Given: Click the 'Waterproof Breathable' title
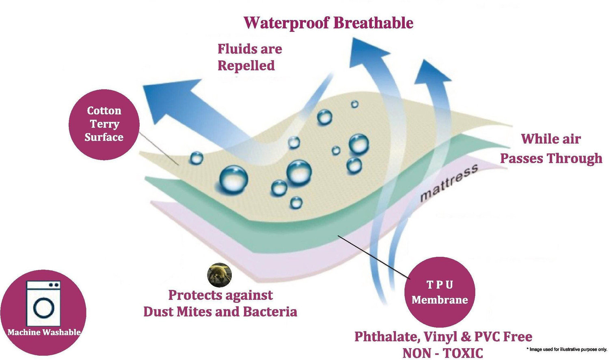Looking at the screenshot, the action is click(x=328, y=23).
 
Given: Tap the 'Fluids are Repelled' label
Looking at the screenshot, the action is click(x=250, y=57).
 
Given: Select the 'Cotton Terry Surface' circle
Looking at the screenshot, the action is click(x=104, y=124).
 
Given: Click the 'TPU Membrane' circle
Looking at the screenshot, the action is click(x=440, y=292).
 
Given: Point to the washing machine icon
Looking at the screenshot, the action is click(x=43, y=304).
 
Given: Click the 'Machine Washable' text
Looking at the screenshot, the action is click(x=44, y=332).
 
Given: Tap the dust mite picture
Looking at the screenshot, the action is click(x=219, y=275).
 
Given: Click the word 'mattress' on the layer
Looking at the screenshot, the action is click(x=449, y=182).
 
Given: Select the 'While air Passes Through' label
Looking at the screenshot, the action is click(x=551, y=149).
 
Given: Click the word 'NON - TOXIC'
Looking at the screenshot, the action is click(x=443, y=353).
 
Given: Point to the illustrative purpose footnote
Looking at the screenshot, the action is click(x=567, y=349).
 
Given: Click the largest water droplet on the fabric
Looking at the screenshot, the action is click(x=233, y=180).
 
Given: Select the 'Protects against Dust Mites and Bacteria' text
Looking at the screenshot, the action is click(x=220, y=304).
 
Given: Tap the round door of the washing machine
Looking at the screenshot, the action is click(x=44, y=308).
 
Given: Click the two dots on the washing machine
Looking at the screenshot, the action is click(x=54, y=285).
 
